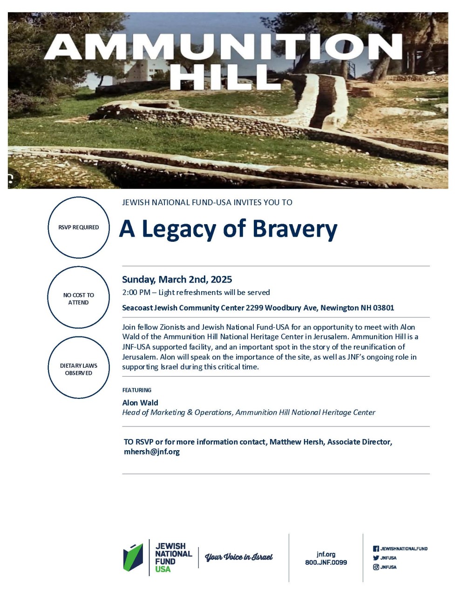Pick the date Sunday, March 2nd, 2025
pyautogui.click(x=177, y=280)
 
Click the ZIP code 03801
pyautogui.click(x=384, y=308)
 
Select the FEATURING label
pyautogui.click(x=136, y=390)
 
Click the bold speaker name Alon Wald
pyautogui.click(x=140, y=403)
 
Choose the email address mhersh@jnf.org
pyautogui.click(x=152, y=452)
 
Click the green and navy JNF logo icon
pyautogui.click(x=133, y=557)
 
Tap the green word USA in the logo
pyautogui.click(x=163, y=569)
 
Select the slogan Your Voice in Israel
pyautogui.click(x=239, y=557)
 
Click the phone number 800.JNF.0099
pyautogui.click(x=326, y=563)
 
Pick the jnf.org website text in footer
pyautogui.click(x=326, y=554)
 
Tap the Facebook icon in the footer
pyautogui.click(x=376, y=549)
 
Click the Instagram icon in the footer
pyautogui.click(x=376, y=567)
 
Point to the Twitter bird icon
pyautogui.click(x=376, y=558)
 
